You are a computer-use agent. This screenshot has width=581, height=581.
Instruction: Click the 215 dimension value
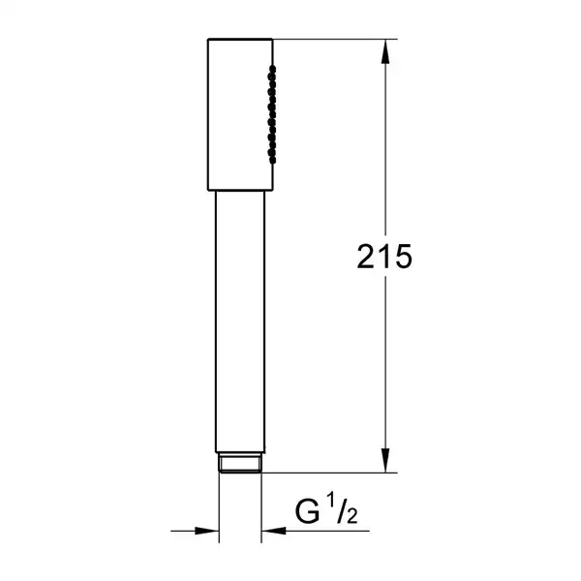pos(384,256)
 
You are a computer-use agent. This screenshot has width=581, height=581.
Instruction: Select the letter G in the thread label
pos(307,511)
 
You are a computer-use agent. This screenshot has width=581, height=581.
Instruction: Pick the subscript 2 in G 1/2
pos(352,516)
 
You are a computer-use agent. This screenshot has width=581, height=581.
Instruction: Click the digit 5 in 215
pos(404,257)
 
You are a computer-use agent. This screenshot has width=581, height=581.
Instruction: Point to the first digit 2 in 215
pos(366,256)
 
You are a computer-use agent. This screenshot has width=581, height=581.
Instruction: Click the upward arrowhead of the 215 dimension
pos(385,51)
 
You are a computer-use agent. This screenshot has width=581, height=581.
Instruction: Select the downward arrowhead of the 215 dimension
pos(385,460)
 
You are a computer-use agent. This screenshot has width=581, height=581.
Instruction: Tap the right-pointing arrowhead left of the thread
pos(206,531)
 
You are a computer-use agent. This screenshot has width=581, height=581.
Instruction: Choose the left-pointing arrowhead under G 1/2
pos(274,531)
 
